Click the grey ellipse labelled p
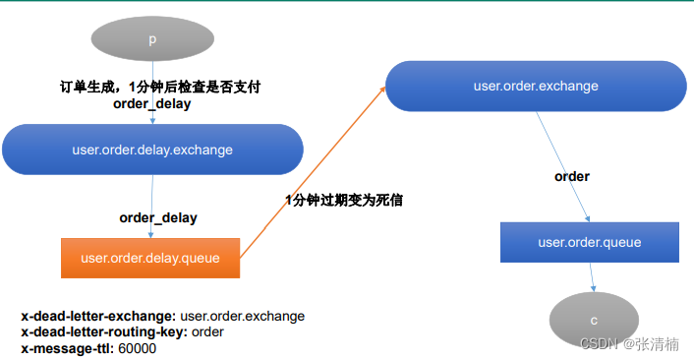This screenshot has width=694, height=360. pos(152,39)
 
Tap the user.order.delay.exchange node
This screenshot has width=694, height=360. pos(152,150)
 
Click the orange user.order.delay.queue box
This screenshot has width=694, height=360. pos(150,258)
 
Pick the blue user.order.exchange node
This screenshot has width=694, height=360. pos(536,86)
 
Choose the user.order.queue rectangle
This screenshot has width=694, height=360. pos(590,242)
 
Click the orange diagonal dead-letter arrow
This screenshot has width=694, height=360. pos(312,173)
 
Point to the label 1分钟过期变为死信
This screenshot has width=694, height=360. pos(343,200)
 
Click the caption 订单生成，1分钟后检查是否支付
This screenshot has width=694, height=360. pos(160,87)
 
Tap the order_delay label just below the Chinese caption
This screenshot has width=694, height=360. pos(152,103)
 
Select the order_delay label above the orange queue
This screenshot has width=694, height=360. pos(158,217)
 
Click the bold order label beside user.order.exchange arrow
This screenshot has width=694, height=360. pos(572,176)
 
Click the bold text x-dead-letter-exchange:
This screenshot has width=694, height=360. pos(98,316)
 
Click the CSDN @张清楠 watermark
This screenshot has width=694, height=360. pos(629,343)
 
